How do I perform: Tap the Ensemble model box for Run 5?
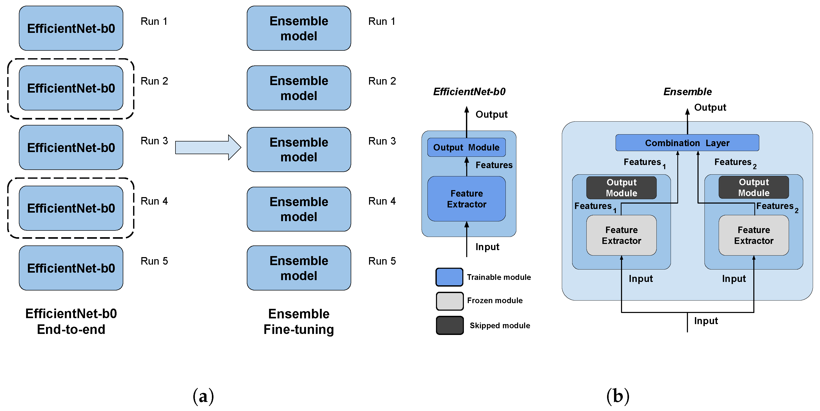[298, 268]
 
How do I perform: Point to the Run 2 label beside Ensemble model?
[382, 81]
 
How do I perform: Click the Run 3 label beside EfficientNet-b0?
[154, 141]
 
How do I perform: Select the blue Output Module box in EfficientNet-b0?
[466, 147]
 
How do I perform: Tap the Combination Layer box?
[687, 143]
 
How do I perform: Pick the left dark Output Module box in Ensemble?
[621, 188]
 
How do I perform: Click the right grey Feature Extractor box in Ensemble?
[754, 235]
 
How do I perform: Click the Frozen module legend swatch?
[449, 301]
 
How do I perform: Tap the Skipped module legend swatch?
[449, 325]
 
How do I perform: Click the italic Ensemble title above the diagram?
[687, 92]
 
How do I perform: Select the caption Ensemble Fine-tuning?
[298, 322]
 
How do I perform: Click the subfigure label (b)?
[618, 396]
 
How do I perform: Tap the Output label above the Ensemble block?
[710, 107]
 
